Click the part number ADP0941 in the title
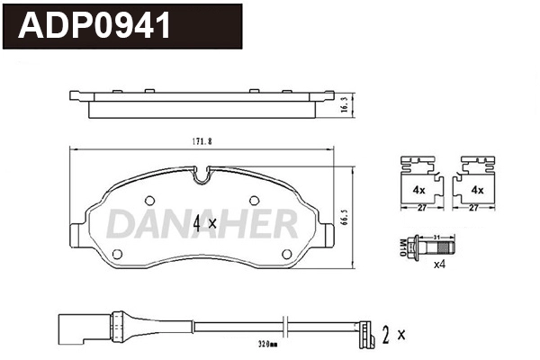(94, 24)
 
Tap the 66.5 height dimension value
(344, 219)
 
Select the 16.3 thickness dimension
(341, 106)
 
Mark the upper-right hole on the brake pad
(254, 200)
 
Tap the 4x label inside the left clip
(418, 190)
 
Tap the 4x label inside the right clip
(478, 190)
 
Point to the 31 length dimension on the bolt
(436, 237)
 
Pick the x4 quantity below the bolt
(440, 265)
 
